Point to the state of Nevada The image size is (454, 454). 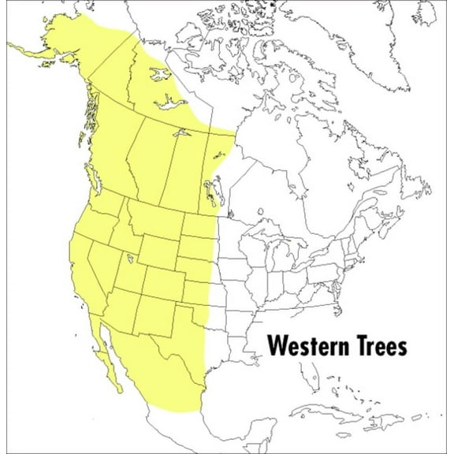point(101,260)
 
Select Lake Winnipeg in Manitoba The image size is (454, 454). point(210,187)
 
